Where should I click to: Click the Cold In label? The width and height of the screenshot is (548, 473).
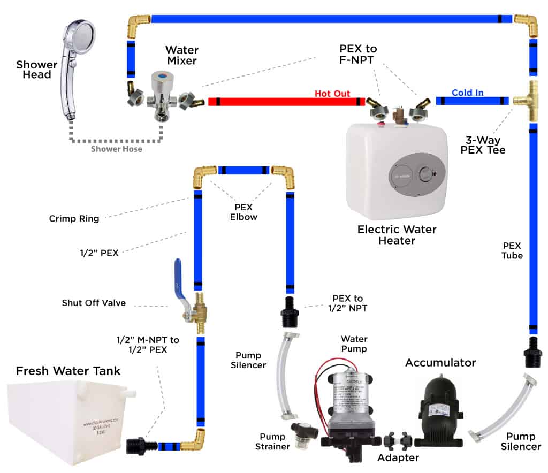point(467,93)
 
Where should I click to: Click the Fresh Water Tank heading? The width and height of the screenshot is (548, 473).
point(68,371)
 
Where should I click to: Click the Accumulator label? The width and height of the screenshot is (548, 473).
point(440,363)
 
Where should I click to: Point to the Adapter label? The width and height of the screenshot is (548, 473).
point(398,457)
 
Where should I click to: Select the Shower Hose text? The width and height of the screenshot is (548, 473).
point(116,149)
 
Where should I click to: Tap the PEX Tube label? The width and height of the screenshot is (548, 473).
point(512,250)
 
